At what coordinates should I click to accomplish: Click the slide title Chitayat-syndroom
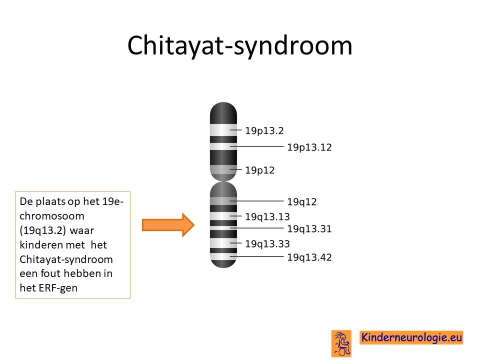point(239,46)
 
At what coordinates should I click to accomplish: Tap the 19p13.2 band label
point(264,130)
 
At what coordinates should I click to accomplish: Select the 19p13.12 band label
point(309,147)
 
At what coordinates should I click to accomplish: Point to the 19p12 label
point(259,170)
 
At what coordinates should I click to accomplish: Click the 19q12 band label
point(301,201)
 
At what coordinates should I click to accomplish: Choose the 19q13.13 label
point(267,216)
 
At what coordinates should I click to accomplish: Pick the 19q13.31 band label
point(309,228)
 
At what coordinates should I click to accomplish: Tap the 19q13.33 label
point(267,244)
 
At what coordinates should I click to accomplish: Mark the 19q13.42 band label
point(309,257)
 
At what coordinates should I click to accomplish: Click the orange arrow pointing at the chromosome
point(168,225)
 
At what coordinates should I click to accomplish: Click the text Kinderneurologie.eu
point(411,337)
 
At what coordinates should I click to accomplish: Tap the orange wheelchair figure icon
point(341,343)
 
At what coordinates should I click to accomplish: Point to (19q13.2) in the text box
point(42,230)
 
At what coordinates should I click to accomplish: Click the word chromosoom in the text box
point(51,216)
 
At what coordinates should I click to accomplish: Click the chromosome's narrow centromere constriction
point(223,181)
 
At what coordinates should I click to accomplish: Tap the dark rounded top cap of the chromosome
point(223,113)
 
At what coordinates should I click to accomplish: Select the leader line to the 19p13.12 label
point(256,146)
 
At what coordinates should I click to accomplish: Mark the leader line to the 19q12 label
point(256,201)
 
